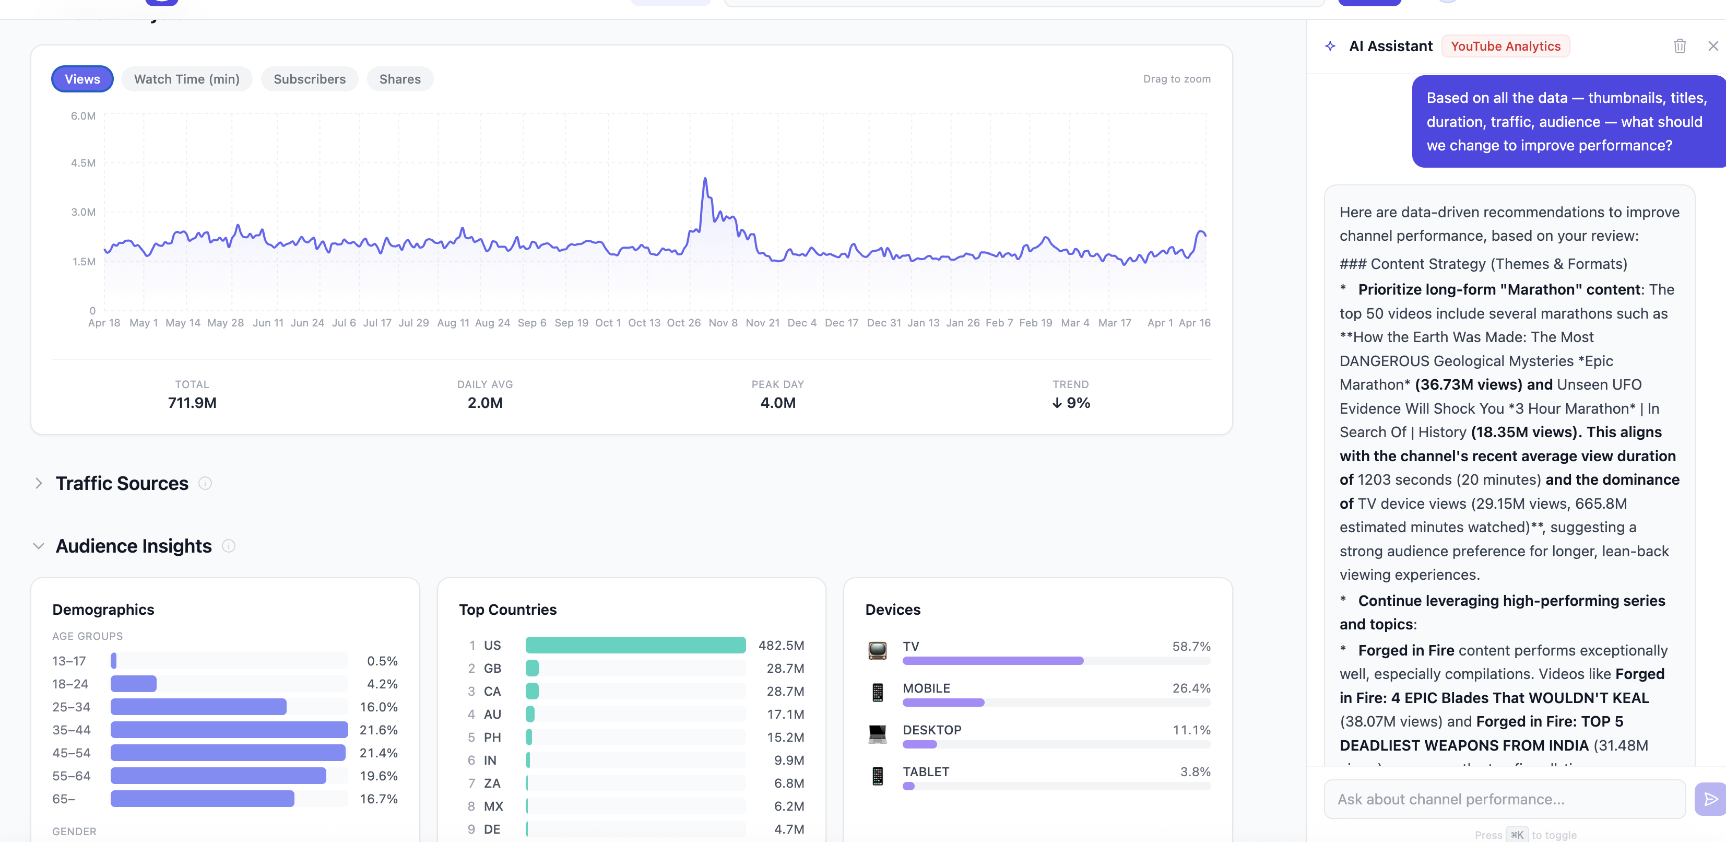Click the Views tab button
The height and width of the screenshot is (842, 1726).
[x=82, y=79]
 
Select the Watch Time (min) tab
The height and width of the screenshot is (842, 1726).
[x=186, y=79]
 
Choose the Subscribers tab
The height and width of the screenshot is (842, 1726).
[x=309, y=79]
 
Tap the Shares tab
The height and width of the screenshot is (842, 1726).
[x=399, y=79]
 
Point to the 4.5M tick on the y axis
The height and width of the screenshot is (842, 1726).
[x=83, y=163]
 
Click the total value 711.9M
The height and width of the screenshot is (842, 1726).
[x=192, y=403]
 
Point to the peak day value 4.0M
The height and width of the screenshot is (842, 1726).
[x=777, y=403]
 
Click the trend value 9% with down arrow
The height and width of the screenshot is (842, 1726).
[x=1071, y=403]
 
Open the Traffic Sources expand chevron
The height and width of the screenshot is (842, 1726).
[x=39, y=483]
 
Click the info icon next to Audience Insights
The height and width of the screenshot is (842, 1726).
[x=229, y=546]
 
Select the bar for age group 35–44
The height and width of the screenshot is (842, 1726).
[x=229, y=730]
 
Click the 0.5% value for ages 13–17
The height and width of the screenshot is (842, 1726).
[x=382, y=661]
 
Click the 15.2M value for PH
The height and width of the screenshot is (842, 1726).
[x=785, y=738]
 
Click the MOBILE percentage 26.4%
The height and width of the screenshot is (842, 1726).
[x=1191, y=688]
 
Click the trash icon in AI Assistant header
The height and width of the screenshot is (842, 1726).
[x=1679, y=46]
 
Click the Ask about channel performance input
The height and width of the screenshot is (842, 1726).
[x=1504, y=799]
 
